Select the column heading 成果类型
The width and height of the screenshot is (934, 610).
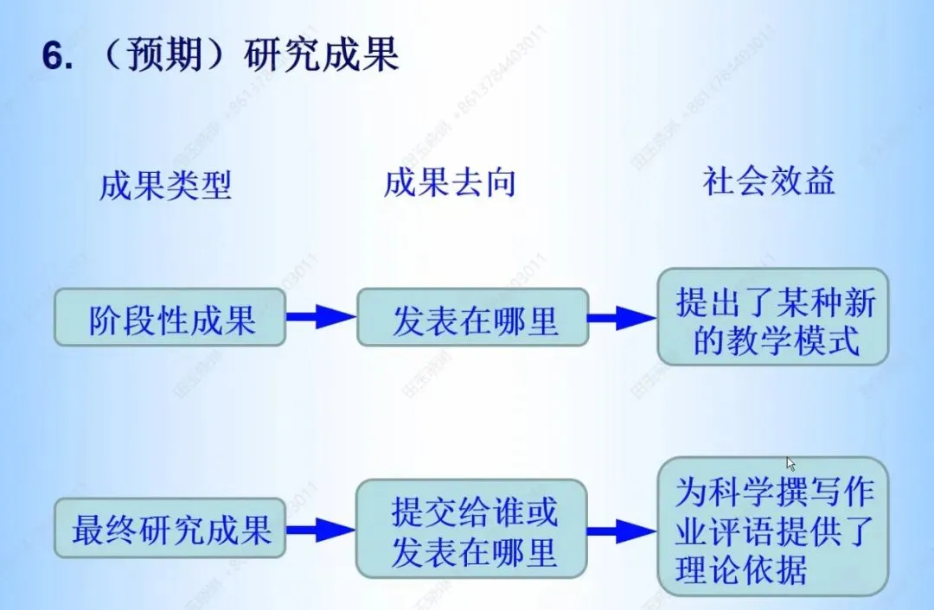(165, 185)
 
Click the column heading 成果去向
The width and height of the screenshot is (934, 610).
(450, 183)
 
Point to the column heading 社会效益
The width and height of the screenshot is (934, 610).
(769, 181)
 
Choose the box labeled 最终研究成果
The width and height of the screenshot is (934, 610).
(170, 528)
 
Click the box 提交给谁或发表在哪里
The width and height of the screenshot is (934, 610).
(472, 528)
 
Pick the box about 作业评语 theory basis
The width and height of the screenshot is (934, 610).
(773, 528)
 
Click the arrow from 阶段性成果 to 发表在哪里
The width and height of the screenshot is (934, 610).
(321, 317)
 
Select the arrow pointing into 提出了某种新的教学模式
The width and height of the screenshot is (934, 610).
(621, 317)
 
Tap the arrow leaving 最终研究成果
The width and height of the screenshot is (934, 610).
(321, 528)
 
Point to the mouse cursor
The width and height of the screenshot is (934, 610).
(790, 464)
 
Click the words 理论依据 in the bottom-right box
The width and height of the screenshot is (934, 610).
(741, 570)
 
